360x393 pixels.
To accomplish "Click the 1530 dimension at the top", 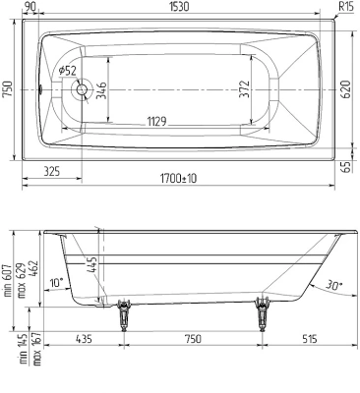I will [179, 7].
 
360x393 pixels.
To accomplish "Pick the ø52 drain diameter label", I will [68, 71].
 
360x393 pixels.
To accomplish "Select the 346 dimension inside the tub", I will [101, 91].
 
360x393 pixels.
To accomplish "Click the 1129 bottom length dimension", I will [156, 120].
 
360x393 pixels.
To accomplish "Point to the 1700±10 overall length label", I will [177, 178].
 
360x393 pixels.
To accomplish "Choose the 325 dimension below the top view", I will [55, 172].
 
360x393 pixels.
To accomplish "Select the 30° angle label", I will [333, 286].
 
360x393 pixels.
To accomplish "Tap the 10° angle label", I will [56, 283].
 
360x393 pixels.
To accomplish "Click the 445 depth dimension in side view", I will [90, 262].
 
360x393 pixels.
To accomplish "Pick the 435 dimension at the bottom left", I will [83, 338].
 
